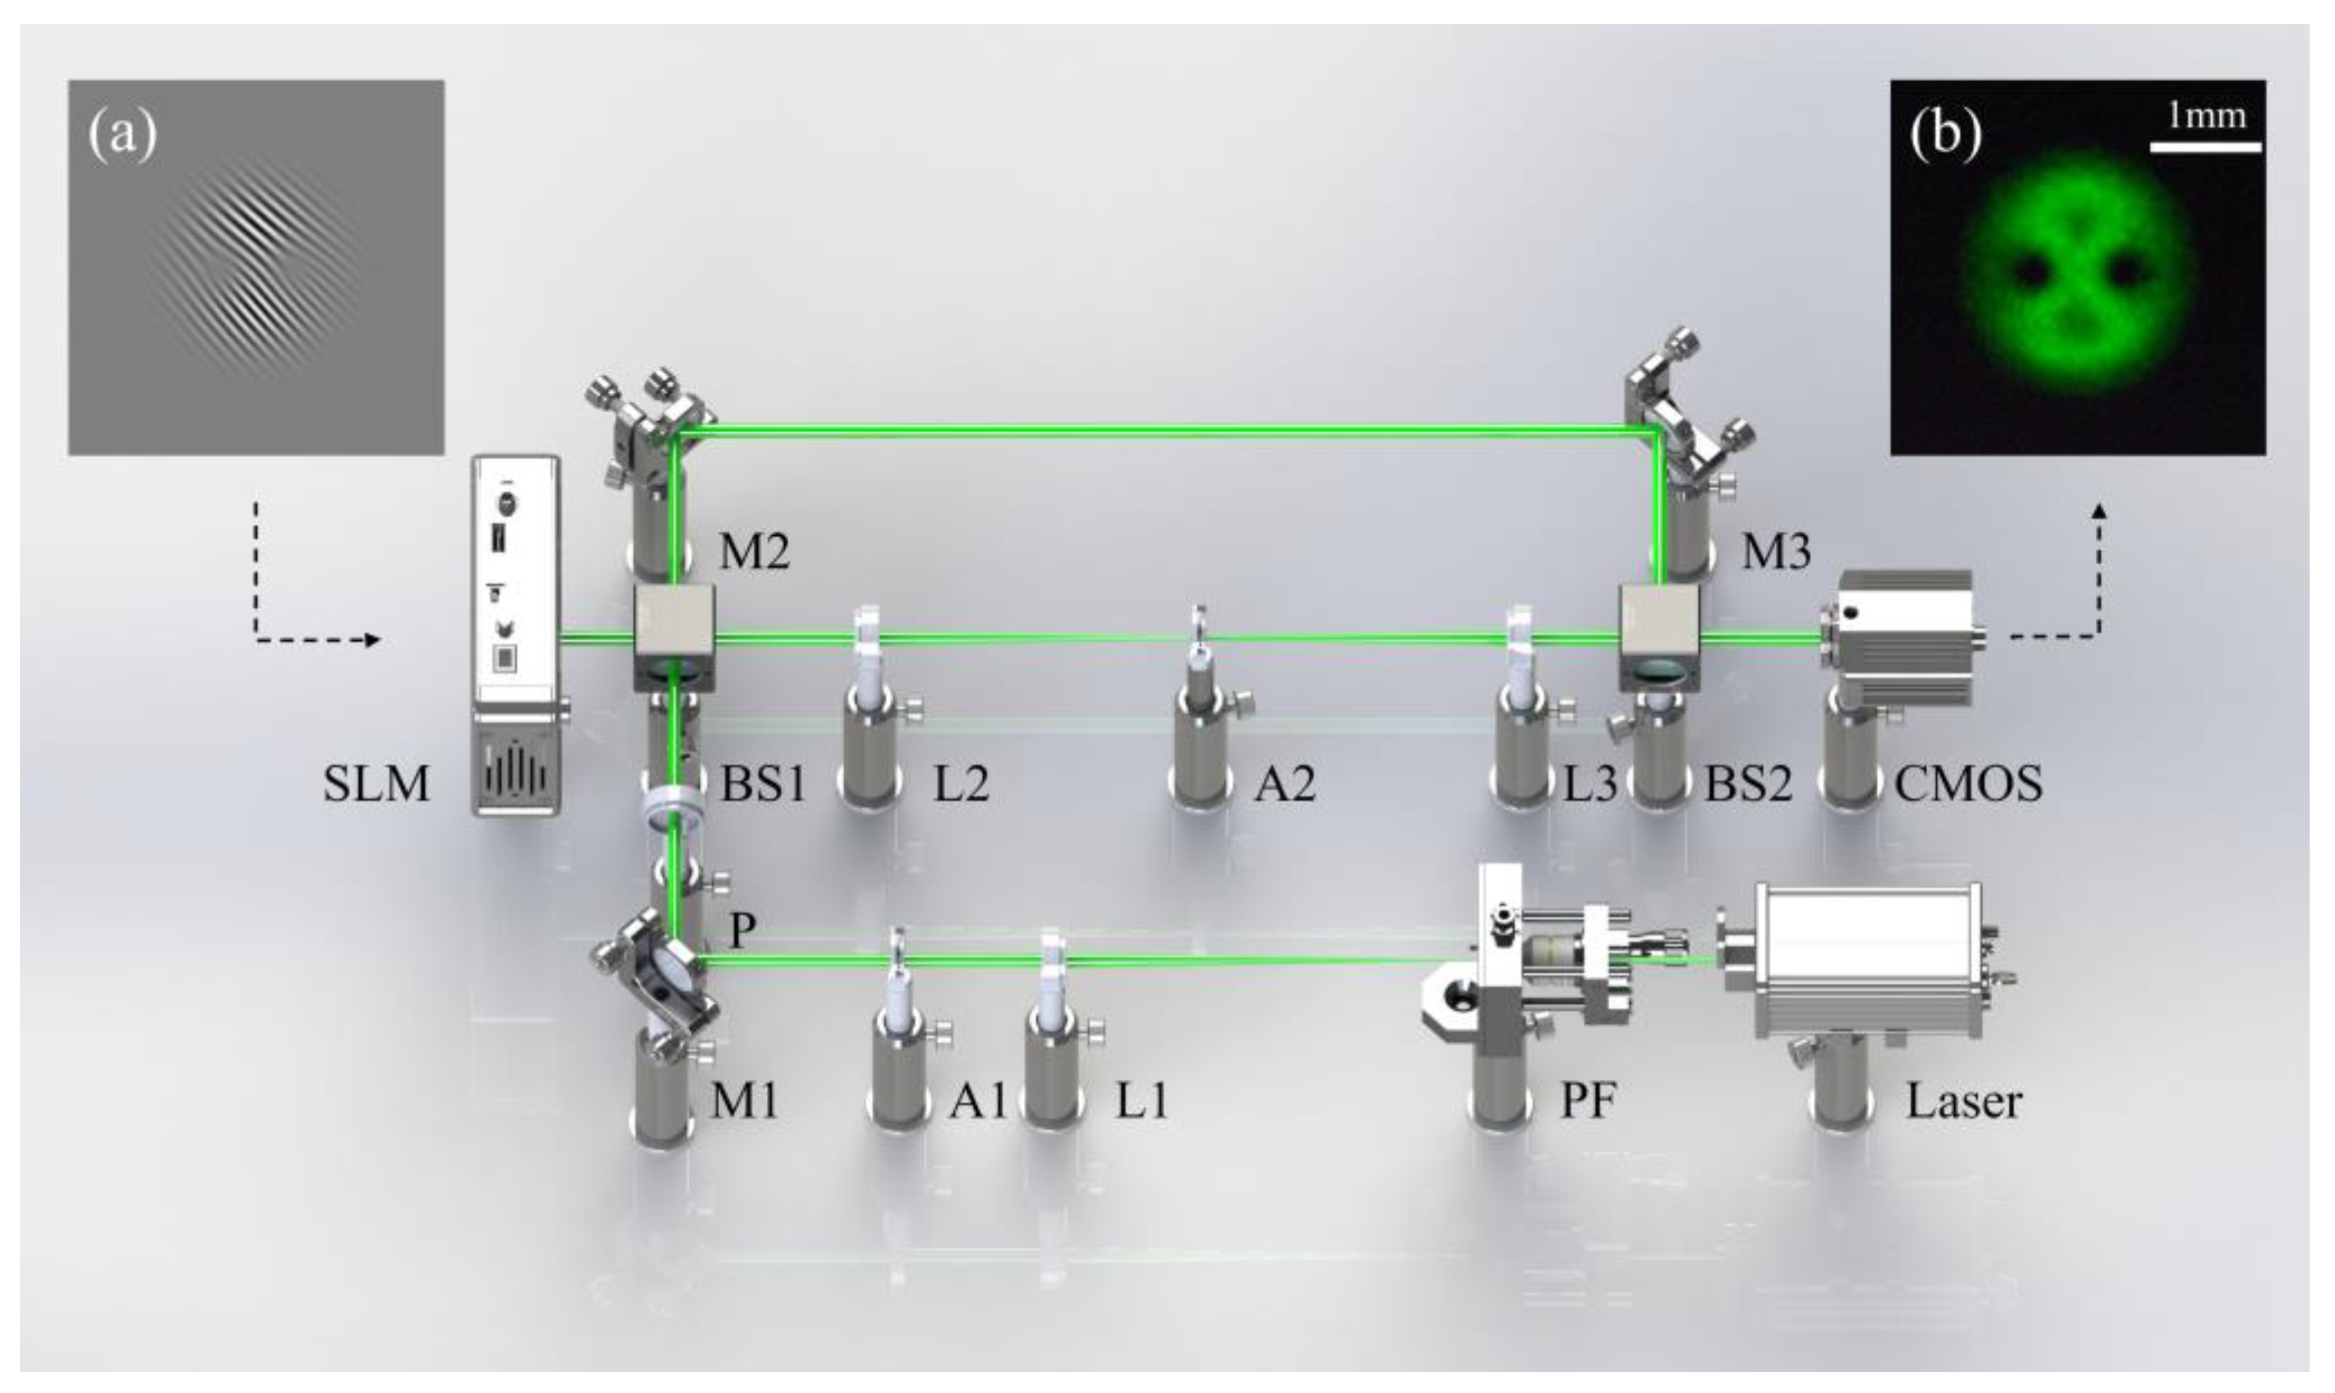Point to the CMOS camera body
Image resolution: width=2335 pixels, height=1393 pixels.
pyautogui.click(x=1905, y=638)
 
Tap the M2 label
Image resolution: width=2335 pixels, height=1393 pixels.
pyautogui.click(x=754, y=553)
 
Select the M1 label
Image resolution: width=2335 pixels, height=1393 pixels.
pyautogui.click(x=745, y=1101)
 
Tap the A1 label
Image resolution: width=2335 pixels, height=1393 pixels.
pyautogui.click(x=977, y=1101)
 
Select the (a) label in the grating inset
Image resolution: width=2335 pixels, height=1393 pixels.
pyautogui.click(x=122, y=134)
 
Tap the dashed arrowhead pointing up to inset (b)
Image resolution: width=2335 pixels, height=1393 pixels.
pyautogui.click(x=2100, y=511)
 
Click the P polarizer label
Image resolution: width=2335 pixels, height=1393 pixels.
pyautogui.click(x=742, y=930)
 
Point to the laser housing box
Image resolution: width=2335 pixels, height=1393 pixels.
pyautogui.click(x=1868, y=962)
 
